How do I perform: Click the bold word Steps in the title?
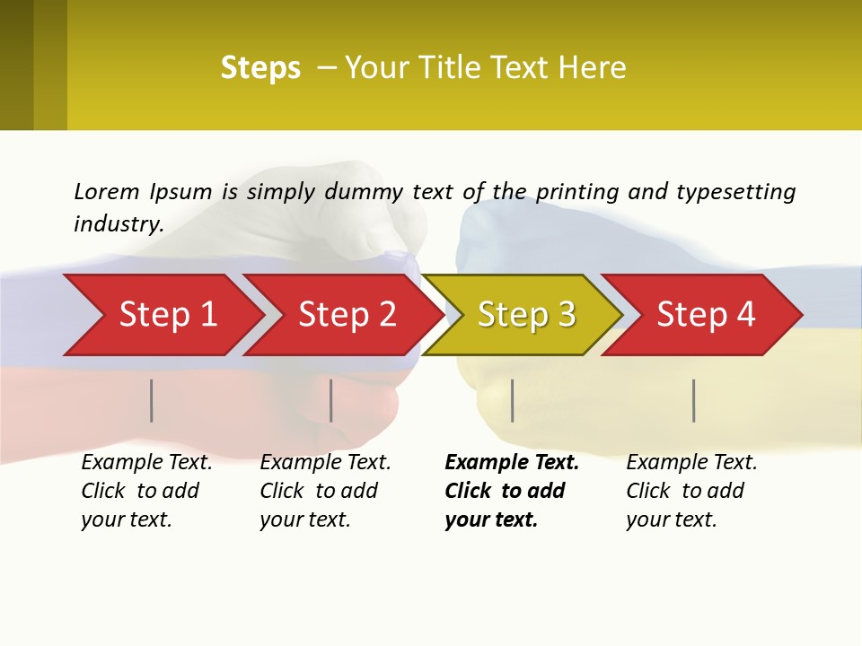point(260,68)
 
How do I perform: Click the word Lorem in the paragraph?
point(107,191)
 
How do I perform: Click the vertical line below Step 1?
point(152,400)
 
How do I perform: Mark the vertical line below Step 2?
point(331,400)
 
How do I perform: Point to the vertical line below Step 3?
point(513,400)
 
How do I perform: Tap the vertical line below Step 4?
point(694,400)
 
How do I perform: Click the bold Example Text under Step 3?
point(512,463)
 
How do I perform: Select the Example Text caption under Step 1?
point(146,463)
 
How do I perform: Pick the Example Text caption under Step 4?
point(691,463)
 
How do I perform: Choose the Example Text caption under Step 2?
point(325,463)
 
